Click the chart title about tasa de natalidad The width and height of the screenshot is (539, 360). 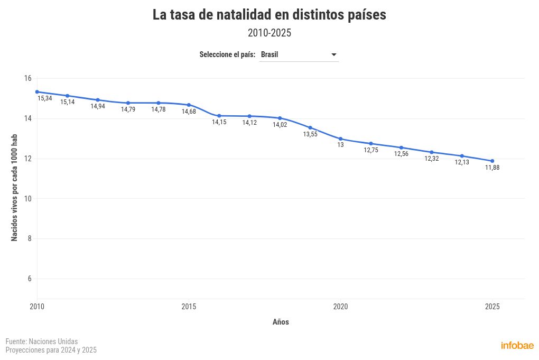269,15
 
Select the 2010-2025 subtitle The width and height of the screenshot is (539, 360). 269,33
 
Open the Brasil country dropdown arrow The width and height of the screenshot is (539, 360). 333,55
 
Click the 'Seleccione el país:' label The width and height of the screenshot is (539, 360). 227,55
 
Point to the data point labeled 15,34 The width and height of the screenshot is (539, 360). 37,92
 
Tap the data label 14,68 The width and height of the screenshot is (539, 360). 189,112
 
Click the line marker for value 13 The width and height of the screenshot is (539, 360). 340,139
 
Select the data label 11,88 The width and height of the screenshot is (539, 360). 492,168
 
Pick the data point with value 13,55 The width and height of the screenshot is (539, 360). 310,128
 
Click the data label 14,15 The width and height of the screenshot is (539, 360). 219,122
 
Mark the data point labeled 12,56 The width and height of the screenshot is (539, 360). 401,147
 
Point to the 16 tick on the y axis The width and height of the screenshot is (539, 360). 27,78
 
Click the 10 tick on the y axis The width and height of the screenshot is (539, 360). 27,199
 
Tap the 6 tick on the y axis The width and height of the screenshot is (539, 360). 29,279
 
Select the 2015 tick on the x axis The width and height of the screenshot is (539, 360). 189,307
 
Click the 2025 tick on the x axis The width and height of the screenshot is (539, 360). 492,307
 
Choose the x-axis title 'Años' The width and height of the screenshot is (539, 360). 281,322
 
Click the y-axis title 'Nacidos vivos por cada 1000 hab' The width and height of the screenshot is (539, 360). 15,188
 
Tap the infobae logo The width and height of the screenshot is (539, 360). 517,346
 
